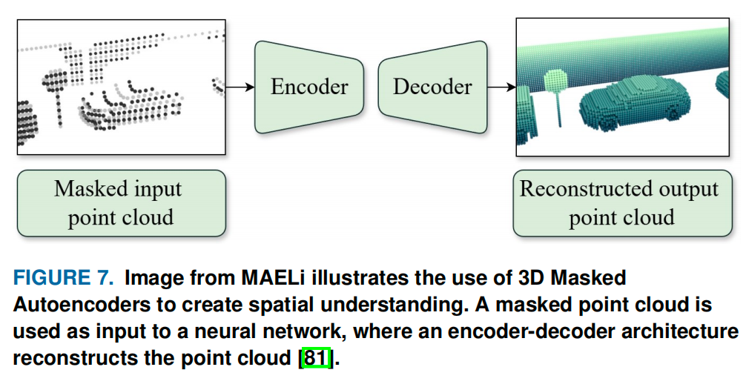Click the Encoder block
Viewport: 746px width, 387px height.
pyautogui.click(x=309, y=87)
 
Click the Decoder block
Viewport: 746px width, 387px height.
pyautogui.click(x=432, y=87)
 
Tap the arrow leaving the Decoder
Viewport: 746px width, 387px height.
pyautogui.click(x=501, y=87)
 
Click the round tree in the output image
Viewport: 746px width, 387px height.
pyautogui.click(x=556, y=80)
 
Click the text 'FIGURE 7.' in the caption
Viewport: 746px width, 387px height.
pyautogui.click(x=63, y=279)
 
